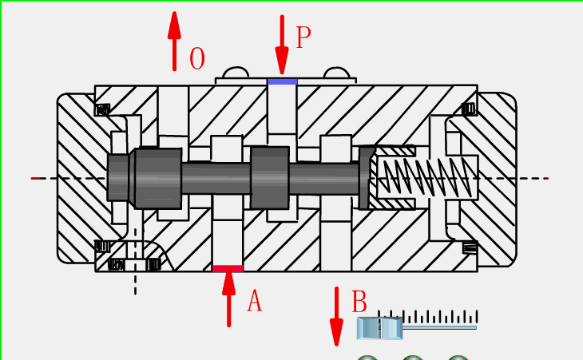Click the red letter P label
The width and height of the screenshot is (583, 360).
pyautogui.click(x=303, y=37)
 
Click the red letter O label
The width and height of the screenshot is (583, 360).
pyautogui.click(x=196, y=58)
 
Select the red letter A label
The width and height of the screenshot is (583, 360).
pyautogui.click(x=254, y=301)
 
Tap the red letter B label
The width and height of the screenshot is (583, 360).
pyautogui.click(x=359, y=303)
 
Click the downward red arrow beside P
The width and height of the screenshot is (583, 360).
pyautogui.click(x=282, y=44)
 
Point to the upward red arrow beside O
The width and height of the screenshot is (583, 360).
pyautogui.click(x=174, y=41)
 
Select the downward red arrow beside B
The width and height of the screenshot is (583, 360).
pyautogui.click(x=336, y=316)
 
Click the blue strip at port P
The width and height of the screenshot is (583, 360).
pyautogui.click(x=282, y=81)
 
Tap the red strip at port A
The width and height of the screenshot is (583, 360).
pyautogui.click(x=228, y=269)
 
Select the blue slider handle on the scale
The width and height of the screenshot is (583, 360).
pyautogui.click(x=380, y=327)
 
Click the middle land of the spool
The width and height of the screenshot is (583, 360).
pyautogui.click(x=269, y=177)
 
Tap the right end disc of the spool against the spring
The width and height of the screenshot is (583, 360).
pyautogui.click(x=367, y=177)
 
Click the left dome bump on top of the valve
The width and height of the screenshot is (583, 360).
pyautogui.click(x=236, y=74)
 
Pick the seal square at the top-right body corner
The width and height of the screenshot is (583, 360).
pyautogui.click(x=469, y=109)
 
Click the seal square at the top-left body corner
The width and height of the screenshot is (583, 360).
pyautogui.click(x=102, y=109)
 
